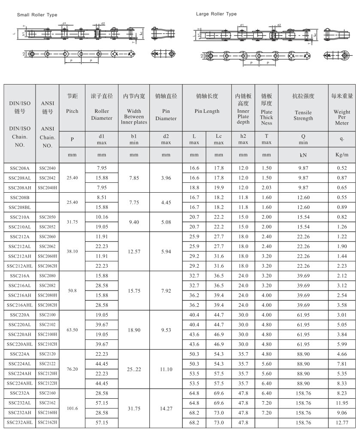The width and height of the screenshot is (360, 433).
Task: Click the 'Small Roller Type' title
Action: [x=37, y=15]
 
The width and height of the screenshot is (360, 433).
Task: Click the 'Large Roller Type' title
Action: [x=216, y=14]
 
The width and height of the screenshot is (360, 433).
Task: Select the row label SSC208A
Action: [x=20, y=168]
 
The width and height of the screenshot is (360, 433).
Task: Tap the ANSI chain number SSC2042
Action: [x=47, y=178]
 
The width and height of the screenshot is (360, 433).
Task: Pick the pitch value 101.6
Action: [x=72, y=408]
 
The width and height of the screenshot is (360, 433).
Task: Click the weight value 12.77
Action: [x=342, y=423]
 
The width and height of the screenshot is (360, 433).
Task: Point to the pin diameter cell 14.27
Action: [x=166, y=408]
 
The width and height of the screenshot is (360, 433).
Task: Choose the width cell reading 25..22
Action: [x=134, y=369]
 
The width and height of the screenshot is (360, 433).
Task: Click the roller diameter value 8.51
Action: [x=101, y=197]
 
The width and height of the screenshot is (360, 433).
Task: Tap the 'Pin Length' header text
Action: [x=207, y=111]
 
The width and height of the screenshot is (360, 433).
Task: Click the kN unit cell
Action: [x=303, y=154]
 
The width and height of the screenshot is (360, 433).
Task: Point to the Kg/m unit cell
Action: [x=342, y=154]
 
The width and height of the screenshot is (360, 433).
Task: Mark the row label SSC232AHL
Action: [x=20, y=423]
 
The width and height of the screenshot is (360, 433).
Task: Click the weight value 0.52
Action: [x=342, y=168]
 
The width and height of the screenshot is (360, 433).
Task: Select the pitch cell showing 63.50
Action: [x=72, y=330]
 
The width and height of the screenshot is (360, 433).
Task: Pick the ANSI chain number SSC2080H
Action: [x=47, y=295]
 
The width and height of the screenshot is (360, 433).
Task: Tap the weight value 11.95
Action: [x=342, y=403]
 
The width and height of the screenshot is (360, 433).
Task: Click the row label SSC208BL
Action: [x=20, y=207]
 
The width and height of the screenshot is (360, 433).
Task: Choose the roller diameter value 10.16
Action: [x=101, y=217]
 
